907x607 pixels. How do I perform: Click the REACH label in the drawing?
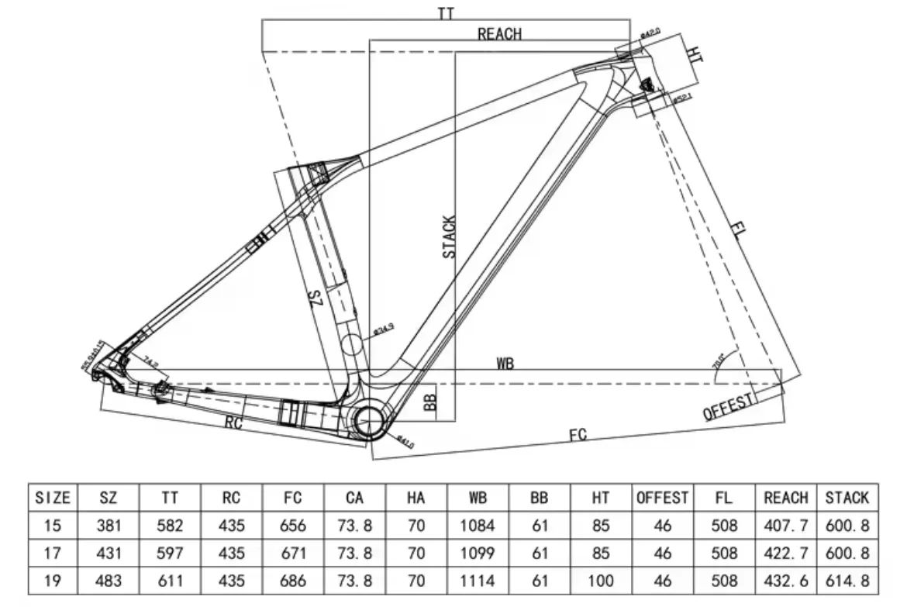(x=499, y=33)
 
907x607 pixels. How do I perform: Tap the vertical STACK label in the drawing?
(x=450, y=236)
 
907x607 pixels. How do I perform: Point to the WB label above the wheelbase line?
(x=505, y=363)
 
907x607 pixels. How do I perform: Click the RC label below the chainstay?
(x=234, y=422)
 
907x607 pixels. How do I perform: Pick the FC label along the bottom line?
(x=578, y=435)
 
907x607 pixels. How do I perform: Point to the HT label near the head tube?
(x=695, y=53)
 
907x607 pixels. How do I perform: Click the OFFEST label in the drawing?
(x=729, y=406)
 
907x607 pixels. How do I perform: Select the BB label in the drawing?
(x=431, y=401)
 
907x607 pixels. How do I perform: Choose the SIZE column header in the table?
(x=53, y=498)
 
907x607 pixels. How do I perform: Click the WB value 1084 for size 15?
(x=477, y=526)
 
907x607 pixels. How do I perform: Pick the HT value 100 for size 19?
(x=601, y=580)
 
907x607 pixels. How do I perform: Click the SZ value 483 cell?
(x=108, y=580)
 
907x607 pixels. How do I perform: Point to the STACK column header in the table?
(x=847, y=498)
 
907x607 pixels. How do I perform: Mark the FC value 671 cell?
(x=292, y=553)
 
